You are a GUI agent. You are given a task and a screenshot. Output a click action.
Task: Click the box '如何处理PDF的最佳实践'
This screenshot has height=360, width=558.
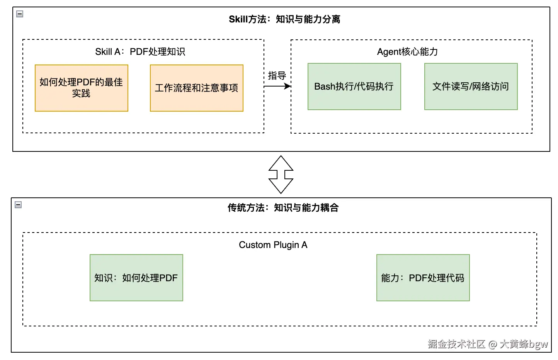pyautogui.click(x=81, y=88)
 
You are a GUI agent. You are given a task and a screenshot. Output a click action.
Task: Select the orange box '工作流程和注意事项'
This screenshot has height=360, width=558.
pyautogui.click(x=196, y=88)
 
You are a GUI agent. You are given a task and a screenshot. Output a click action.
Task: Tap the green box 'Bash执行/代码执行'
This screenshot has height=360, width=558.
pyautogui.click(x=354, y=87)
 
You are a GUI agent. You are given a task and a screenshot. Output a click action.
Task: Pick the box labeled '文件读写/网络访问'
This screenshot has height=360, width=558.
pyautogui.click(x=471, y=87)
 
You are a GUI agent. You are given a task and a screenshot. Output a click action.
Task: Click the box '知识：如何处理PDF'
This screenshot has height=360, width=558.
pyautogui.click(x=136, y=278)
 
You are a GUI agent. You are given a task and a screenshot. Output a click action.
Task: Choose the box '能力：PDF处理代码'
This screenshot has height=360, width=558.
pyautogui.click(x=423, y=278)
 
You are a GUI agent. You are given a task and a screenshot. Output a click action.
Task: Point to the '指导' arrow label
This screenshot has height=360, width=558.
pyautogui.click(x=277, y=76)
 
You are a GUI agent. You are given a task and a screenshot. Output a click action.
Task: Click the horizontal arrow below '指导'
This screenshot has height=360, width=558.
pyautogui.click(x=277, y=86)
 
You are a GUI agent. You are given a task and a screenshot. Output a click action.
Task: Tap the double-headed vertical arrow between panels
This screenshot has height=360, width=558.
pyautogui.click(x=281, y=175)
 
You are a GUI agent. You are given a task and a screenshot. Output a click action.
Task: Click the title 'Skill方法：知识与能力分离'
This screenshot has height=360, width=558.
pyautogui.click(x=284, y=19)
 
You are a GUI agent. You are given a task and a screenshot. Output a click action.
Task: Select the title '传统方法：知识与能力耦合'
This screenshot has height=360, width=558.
pyautogui.click(x=283, y=208)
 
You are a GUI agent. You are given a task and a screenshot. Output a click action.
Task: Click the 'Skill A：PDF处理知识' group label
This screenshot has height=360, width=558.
pyautogui.click(x=140, y=52)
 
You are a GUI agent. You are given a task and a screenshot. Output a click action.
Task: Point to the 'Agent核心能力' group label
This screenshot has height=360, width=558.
pyautogui.click(x=407, y=52)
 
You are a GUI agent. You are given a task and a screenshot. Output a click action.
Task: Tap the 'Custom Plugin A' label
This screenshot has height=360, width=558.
pyautogui.click(x=273, y=245)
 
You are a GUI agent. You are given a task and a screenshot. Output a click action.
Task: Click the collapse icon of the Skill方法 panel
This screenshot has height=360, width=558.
pyautogui.click(x=20, y=14)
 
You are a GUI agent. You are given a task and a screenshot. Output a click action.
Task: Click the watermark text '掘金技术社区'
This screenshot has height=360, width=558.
pyautogui.click(x=456, y=344)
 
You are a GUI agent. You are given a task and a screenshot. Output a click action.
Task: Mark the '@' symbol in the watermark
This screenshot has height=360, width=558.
pyautogui.click(x=492, y=344)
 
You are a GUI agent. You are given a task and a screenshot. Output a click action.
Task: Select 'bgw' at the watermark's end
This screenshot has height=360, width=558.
pyautogui.click(x=538, y=344)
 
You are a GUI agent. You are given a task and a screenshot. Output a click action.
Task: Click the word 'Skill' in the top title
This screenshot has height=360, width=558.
pyautogui.click(x=238, y=19)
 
